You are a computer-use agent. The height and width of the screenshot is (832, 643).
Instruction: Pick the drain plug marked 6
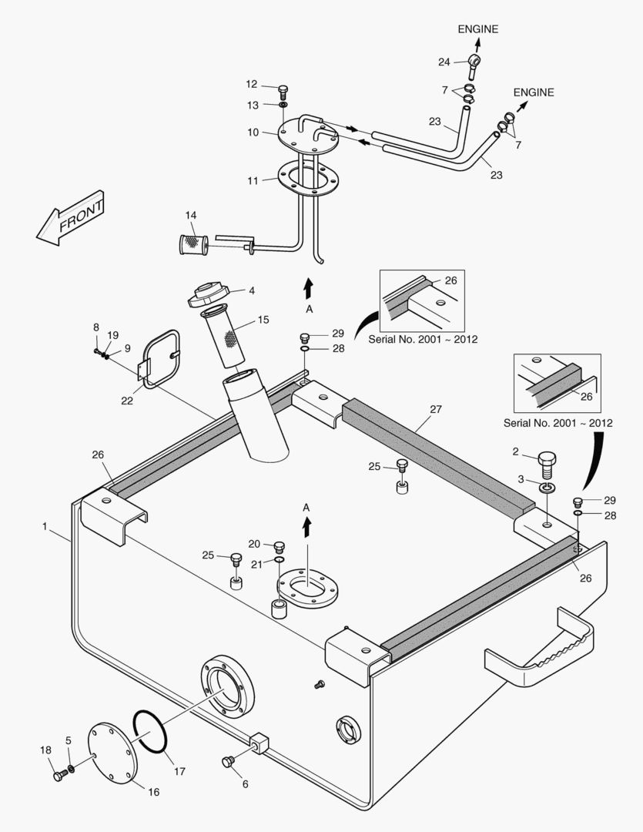click(227, 762)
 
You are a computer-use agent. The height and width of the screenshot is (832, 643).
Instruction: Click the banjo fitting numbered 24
click(474, 59)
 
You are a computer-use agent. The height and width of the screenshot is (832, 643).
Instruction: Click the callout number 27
click(436, 410)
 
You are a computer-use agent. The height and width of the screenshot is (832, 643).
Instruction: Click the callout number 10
click(253, 133)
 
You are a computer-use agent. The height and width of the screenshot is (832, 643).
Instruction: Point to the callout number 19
click(112, 335)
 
